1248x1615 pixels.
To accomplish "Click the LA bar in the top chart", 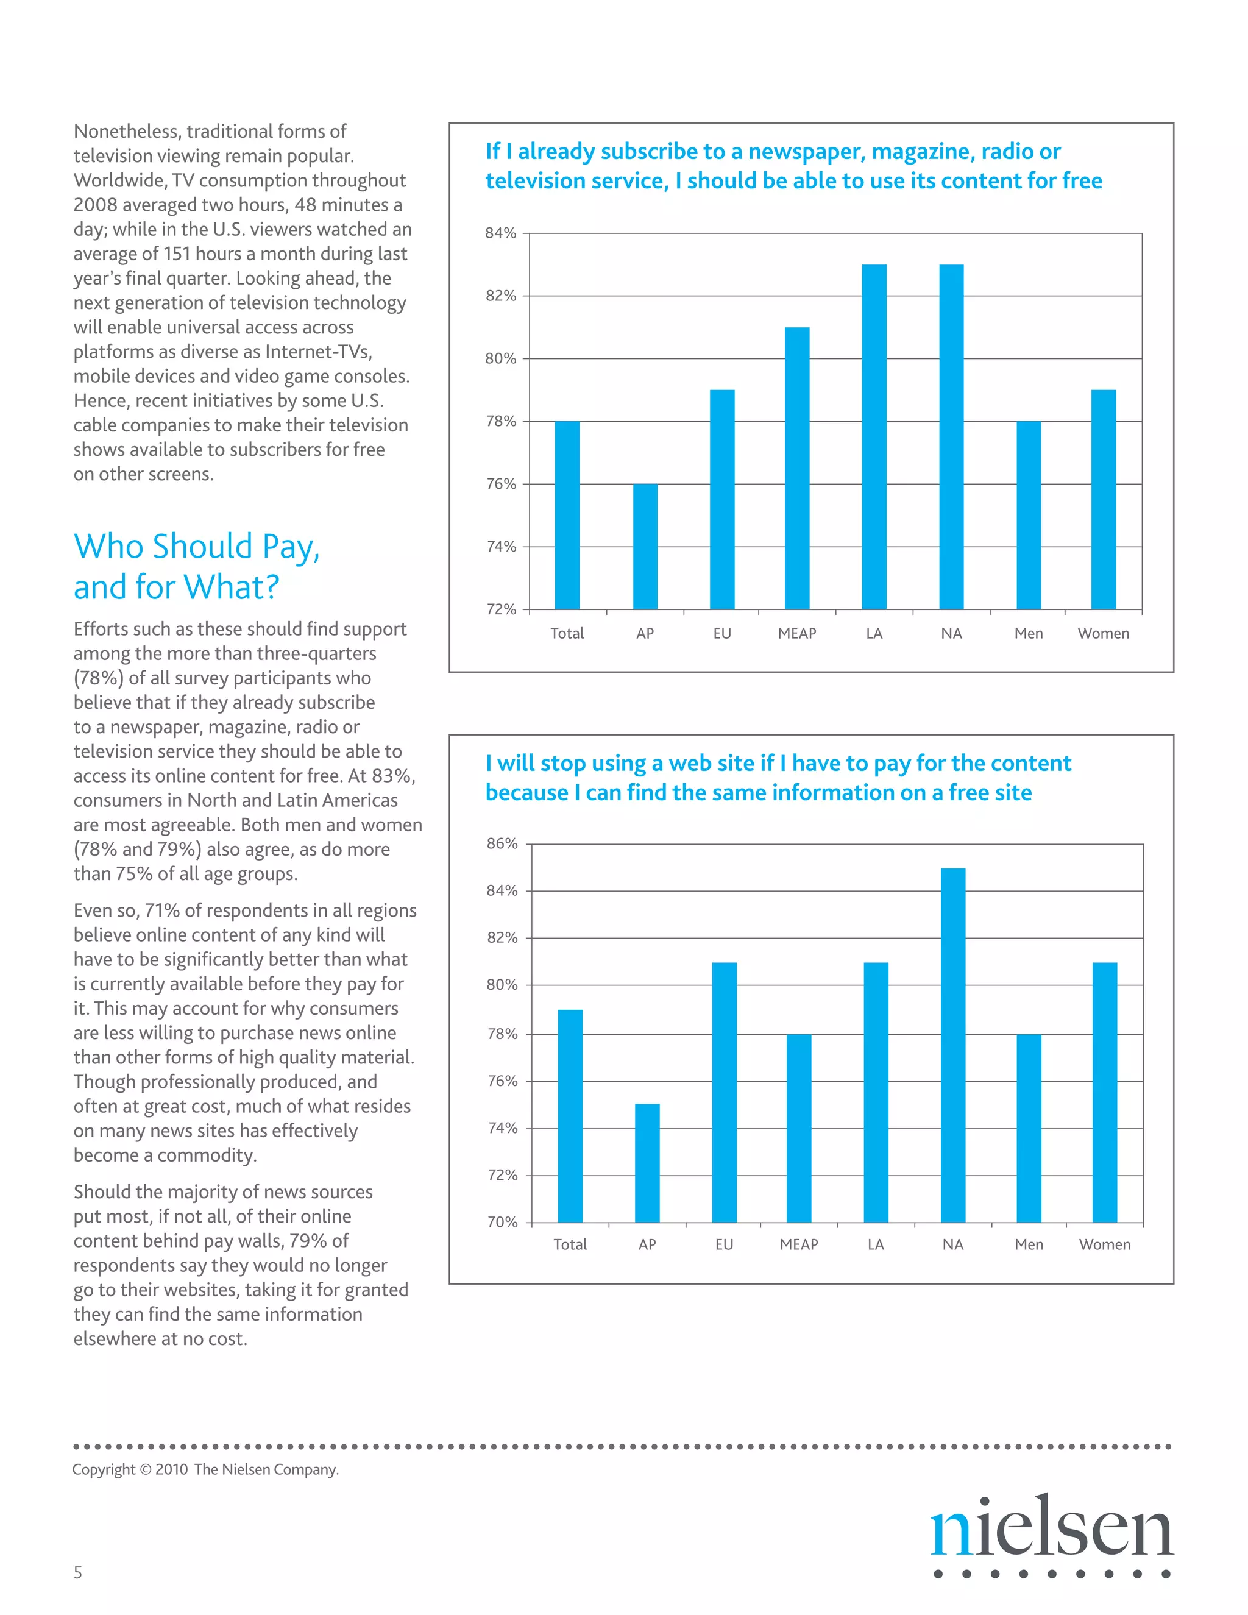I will pyautogui.click(x=874, y=436).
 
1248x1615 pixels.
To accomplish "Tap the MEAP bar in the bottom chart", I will pyautogui.click(x=798, y=1127).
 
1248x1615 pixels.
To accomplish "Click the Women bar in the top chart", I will pyautogui.click(x=1103, y=499).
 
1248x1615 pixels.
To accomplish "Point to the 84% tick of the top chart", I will pyautogui.click(x=500, y=233).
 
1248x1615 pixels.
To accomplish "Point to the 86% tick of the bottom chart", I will pyautogui.click(x=502, y=843).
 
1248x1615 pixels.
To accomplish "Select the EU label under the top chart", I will pyautogui.click(x=721, y=634).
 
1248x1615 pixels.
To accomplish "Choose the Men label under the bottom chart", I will pyautogui.click(x=1029, y=1244).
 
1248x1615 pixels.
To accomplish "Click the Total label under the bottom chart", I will pyautogui.click(x=570, y=1244).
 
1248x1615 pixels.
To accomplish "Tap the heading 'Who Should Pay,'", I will pyautogui.click(x=197, y=547).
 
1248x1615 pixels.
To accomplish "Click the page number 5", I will pyautogui.click(x=77, y=1573).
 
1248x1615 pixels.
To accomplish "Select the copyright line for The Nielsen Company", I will pyautogui.click(x=205, y=1469).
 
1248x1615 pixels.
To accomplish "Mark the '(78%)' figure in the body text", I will pyautogui.click(x=97, y=678).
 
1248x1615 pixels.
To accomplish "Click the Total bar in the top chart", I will pyautogui.click(x=567, y=515).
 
